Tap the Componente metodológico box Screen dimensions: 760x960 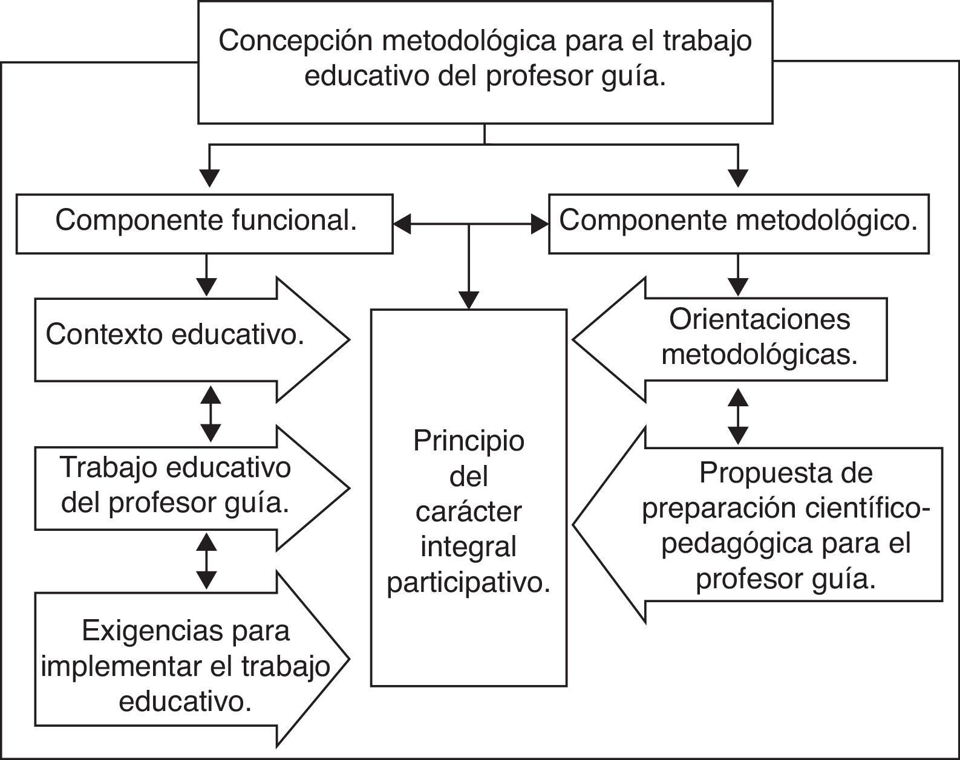738,222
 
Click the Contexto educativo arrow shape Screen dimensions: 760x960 181,339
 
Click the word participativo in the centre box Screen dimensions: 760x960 469,583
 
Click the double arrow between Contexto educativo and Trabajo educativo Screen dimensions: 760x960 211,414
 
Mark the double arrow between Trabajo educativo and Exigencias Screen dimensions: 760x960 207,561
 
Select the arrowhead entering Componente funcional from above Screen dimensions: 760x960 209,178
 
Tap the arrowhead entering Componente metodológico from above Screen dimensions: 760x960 738,178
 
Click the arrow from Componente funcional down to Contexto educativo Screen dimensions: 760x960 207,275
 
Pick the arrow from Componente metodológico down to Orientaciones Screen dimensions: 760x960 738,275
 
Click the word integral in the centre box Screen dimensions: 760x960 469,548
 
